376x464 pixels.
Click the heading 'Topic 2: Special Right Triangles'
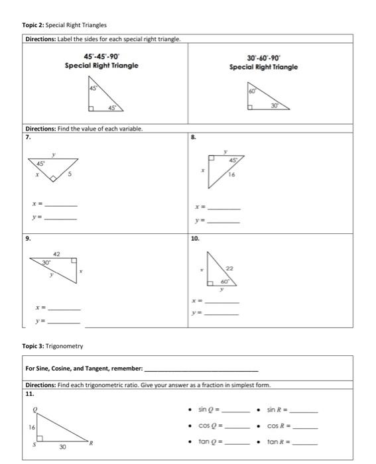click(65, 25)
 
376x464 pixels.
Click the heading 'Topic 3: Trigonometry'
click(54, 346)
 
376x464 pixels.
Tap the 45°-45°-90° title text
click(101, 56)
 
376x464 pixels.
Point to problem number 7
click(28, 136)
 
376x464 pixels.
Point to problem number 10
click(194, 237)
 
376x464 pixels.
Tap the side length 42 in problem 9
click(56, 253)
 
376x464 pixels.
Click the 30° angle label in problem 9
click(46, 262)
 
